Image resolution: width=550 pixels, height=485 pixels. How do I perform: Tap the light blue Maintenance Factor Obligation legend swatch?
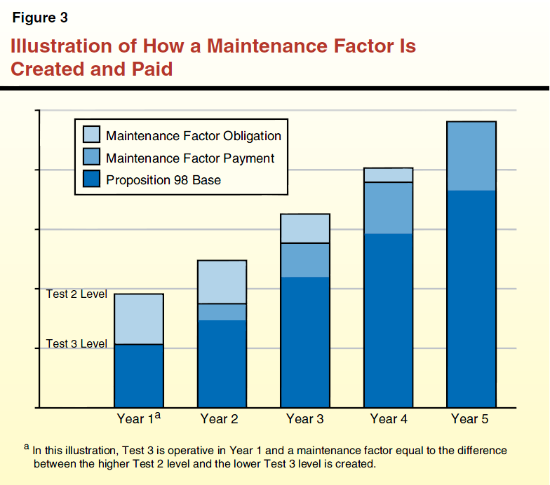[91, 135]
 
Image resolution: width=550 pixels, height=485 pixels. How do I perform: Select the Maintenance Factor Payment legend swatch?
[91, 158]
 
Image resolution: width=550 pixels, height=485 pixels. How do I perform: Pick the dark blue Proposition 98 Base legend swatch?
[91, 179]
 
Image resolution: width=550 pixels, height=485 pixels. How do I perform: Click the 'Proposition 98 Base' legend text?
[163, 180]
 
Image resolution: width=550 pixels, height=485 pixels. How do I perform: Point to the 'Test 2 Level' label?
[76, 294]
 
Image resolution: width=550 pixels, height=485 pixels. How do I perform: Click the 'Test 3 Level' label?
[76, 344]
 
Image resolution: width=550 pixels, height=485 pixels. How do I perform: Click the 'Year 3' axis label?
[304, 419]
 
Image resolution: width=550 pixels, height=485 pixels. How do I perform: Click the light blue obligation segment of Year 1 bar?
[139, 319]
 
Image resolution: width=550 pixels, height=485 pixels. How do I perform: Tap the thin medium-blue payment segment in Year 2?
[222, 312]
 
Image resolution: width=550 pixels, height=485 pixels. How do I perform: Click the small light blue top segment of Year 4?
[388, 175]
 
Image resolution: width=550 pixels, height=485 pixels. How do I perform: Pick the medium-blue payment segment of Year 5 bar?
[471, 156]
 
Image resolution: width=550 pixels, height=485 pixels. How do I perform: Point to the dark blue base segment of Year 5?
[471, 298]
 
